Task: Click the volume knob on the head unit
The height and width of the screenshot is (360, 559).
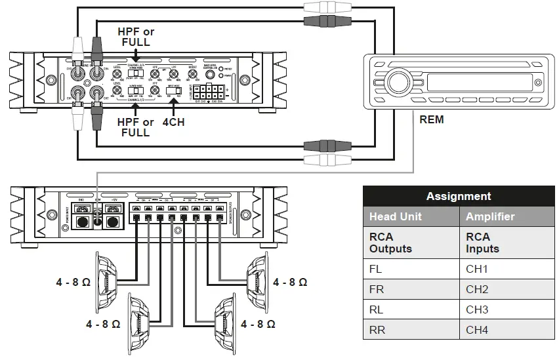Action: [x=398, y=83]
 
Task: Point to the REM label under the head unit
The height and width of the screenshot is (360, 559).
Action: [x=431, y=119]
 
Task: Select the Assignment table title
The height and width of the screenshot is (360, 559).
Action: [x=458, y=196]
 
